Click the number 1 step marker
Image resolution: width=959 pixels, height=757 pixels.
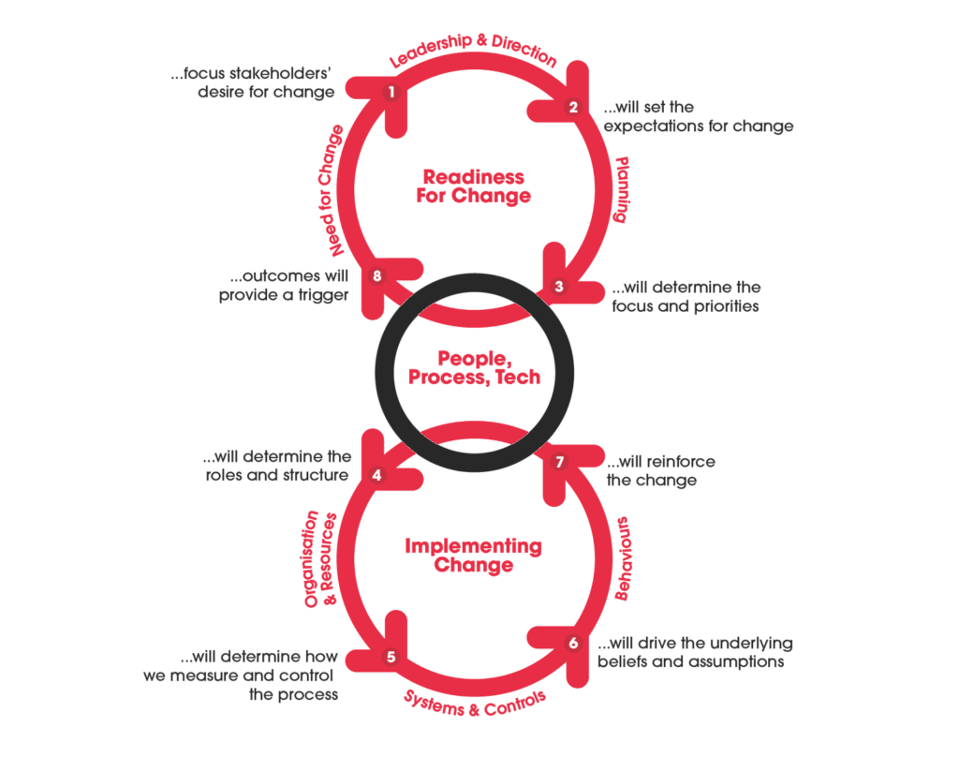click(x=391, y=93)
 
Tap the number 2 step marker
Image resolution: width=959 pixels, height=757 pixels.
click(x=573, y=107)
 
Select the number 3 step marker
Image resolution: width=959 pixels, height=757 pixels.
click(x=558, y=287)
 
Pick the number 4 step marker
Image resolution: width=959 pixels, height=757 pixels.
click(x=376, y=475)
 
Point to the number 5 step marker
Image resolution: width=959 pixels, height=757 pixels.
click(x=391, y=657)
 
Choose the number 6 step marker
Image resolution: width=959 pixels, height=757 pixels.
click(x=573, y=643)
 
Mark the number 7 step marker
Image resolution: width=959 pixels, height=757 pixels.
click(x=559, y=462)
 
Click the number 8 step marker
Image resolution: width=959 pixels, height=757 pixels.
click(x=376, y=276)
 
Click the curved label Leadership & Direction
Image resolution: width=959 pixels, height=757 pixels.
click(x=473, y=49)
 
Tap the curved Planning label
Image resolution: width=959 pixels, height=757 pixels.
click(x=622, y=189)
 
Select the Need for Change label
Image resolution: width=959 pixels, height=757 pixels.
click(x=331, y=190)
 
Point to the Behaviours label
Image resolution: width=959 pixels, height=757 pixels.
click(x=623, y=558)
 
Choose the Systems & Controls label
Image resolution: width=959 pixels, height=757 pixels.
click(x=475, y=704)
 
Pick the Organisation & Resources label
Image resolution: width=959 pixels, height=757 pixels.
click(x=320, y=558)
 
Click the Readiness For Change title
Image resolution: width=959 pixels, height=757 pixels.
click(x=473, y=186)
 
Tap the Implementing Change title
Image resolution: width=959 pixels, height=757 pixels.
click(x=473, y=555)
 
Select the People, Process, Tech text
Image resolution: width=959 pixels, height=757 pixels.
click(x=475, y=368)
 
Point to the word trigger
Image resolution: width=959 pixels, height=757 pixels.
click(x=323, y=295)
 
